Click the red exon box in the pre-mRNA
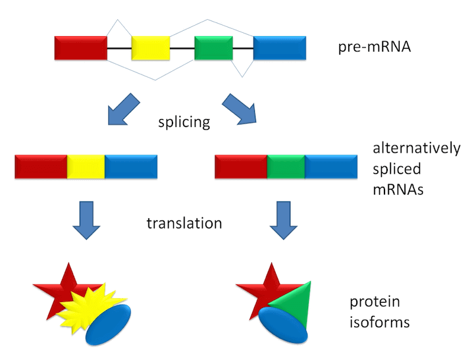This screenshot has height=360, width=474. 81,48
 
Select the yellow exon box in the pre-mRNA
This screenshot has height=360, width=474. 151,48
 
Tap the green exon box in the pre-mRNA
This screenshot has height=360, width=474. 213,48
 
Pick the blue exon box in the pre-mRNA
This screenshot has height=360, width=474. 280,48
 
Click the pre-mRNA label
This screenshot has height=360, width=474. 374,47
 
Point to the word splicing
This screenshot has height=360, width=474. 184,122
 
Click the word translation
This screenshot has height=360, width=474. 184,223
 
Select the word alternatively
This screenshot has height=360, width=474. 417,149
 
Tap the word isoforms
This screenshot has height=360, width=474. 380,322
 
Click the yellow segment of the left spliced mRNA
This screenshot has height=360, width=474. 86,167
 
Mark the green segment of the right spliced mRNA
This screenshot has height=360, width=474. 286,167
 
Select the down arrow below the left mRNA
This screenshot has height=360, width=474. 86,220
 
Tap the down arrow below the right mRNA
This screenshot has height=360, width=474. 284,220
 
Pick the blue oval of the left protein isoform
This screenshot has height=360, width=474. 108,325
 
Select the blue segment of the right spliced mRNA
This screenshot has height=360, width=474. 331,167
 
